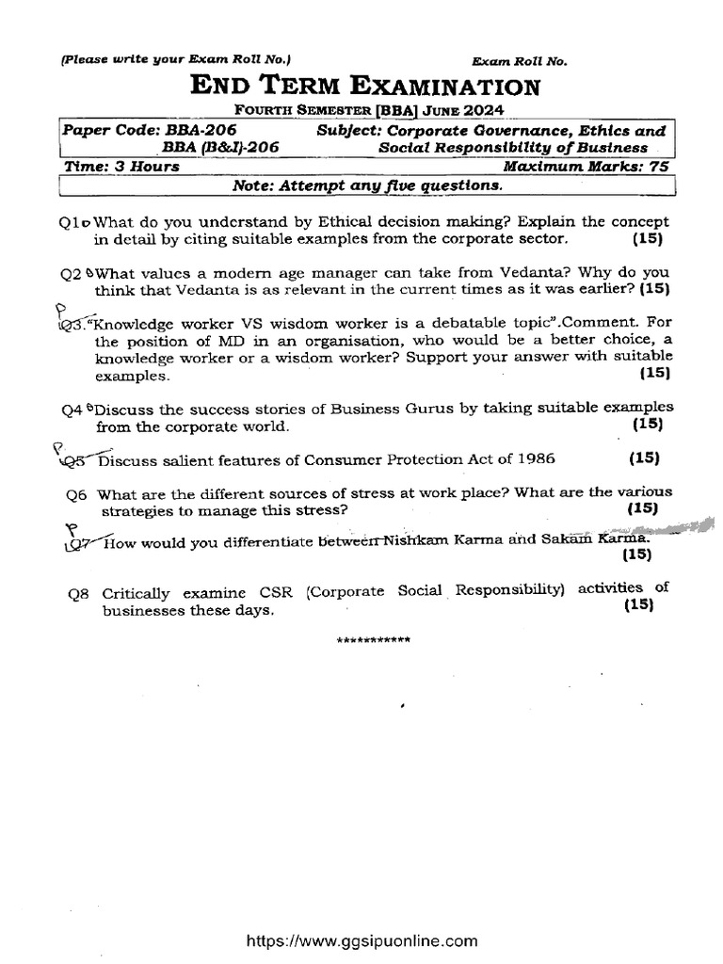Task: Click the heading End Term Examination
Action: point(366,88)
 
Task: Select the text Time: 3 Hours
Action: point(120,167)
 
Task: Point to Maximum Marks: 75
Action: point(585,167)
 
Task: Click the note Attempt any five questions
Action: point(367,185)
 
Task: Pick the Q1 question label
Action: point(72,223)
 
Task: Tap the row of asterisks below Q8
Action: point(374,641)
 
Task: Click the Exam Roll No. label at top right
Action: point(520,61)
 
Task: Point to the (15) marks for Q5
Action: point(644,459)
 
